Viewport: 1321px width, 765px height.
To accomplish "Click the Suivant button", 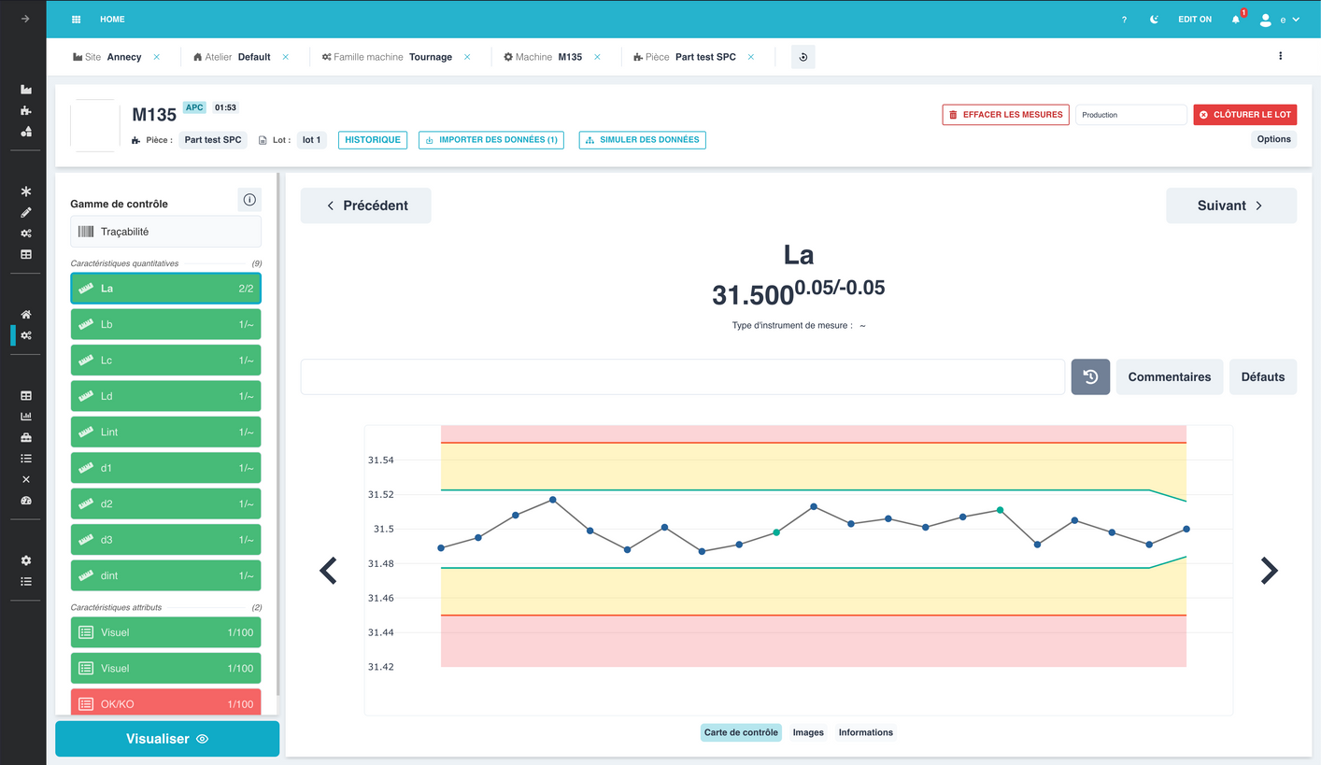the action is point(1230,205).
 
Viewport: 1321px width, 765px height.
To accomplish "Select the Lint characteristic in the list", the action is point(165,432).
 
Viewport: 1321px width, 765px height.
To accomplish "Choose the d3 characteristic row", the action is point(165,540).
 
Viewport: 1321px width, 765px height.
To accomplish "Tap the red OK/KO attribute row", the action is point(165,703).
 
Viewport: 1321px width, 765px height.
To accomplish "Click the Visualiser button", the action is point(167,739).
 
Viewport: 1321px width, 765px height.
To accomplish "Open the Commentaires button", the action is point(1170,377).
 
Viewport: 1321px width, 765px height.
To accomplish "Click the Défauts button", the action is point(1263,377).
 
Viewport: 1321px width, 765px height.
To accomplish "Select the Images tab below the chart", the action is point(808,732).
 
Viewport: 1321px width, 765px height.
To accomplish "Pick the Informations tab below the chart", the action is point(866,732).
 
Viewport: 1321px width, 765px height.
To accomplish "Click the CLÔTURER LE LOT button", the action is point(1245,115).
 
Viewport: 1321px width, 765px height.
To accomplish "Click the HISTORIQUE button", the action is point(373,140).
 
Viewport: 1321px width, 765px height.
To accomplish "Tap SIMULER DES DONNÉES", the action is point(642,140).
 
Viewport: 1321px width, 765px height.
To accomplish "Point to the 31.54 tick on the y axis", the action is point(380,460).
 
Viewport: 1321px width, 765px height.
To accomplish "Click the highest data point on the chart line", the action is point(552,500).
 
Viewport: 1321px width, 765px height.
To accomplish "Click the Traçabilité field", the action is point(165,232).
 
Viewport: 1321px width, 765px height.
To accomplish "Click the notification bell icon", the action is point(1236,20).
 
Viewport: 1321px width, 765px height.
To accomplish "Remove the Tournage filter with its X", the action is point(467,57).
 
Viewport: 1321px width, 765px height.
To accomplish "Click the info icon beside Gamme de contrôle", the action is point(249,200).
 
